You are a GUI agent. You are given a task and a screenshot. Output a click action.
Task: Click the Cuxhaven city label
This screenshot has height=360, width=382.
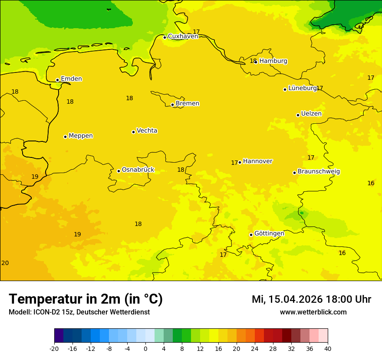(x=183, y=36)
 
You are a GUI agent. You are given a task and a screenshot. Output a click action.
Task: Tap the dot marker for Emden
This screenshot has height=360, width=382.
(x=57, y=80)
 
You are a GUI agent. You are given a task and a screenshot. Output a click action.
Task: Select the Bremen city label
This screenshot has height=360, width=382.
(x=188, y=104)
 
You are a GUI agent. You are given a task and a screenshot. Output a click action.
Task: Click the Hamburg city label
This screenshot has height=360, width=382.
(x=273, y=61)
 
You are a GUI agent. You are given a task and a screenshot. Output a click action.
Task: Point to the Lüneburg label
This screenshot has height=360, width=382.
(x=302, y=88)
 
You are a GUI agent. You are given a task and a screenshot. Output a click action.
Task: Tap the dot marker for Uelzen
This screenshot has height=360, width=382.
(x=298, y=115)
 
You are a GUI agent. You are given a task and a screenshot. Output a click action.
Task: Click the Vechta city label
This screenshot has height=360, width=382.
(x=147, y=131)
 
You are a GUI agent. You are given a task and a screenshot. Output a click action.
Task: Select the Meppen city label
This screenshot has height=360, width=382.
(x=81, y=136)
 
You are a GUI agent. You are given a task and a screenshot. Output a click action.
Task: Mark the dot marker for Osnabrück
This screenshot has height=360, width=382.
(x=119, y=171)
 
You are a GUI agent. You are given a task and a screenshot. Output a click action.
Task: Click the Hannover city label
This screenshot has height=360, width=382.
(x=257, y=161)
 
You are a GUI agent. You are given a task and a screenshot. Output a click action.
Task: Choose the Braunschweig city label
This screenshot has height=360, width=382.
(x=319, y=172)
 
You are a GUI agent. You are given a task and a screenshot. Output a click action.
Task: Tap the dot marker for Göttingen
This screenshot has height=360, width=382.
(x=251, y=235)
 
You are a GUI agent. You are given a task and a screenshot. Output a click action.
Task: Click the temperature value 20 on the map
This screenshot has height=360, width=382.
(x=5, y=263)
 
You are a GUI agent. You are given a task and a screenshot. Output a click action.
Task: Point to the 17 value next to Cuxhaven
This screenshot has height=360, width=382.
(x=196, y=32)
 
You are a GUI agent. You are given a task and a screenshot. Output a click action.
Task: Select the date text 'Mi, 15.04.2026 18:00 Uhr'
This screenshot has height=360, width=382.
(x=311, y=299)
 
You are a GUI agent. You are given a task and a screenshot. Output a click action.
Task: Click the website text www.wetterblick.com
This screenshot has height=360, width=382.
(x=313, y=312)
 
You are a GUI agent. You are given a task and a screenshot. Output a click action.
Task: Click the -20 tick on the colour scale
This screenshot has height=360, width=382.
(x=54, y=349)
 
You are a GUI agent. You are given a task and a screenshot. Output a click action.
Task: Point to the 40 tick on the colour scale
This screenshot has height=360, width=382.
(x=328, y=349)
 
